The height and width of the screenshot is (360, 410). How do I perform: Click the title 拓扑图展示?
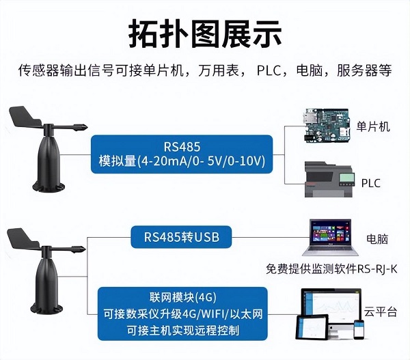205,34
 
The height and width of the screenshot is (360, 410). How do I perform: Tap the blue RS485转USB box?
181,237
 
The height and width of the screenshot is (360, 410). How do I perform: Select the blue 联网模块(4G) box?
182,314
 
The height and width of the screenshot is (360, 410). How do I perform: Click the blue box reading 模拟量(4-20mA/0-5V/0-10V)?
182,154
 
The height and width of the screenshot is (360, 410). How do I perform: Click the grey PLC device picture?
329,180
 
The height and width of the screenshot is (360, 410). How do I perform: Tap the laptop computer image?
331,238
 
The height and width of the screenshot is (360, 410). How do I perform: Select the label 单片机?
373,127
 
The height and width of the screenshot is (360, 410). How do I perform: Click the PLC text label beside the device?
371,183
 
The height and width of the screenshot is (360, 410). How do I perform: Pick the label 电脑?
377,239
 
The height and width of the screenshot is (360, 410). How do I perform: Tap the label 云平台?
381,311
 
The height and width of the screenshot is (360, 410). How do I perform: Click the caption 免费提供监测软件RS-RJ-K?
331,269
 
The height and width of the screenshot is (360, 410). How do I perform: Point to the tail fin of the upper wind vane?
25,117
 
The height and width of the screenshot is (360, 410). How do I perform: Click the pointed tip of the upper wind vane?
87,128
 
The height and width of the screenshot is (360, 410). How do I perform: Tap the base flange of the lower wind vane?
47,309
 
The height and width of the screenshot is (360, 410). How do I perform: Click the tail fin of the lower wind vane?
23,238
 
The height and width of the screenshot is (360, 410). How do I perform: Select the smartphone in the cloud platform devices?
359,329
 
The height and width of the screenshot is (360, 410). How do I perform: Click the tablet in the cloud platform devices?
312,328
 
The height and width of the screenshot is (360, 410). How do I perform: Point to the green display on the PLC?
346,178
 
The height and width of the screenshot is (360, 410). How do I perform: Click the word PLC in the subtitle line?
269,70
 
